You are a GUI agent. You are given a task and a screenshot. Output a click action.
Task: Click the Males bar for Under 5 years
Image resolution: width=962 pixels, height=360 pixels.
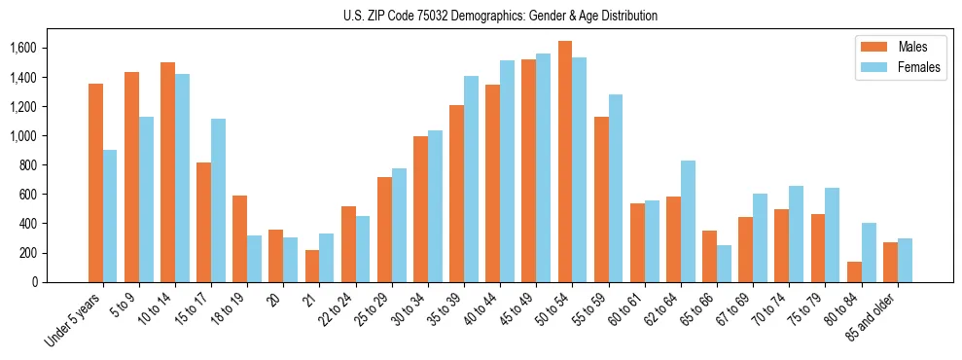pyautogui.click(x=95, y=183)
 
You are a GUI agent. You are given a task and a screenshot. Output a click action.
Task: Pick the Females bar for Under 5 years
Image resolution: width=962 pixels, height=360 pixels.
pyautogui.click(x=110, y=216)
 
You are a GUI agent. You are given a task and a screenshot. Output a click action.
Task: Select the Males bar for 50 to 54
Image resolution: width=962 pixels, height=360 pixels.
pyautogui.click(x=565, y=162)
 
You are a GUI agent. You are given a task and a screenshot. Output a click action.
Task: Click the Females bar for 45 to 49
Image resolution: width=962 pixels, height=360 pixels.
pyautogui.click(x=543, y=167)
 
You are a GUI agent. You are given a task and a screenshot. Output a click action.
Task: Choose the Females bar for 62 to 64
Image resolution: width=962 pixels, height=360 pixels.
pyautogui.click(x=688, y=221)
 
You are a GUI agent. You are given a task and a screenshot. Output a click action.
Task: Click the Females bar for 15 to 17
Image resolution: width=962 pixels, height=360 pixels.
pyautogui.click(x=218, y=200)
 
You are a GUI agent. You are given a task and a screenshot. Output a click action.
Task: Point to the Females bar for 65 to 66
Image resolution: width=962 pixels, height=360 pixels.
pyautogui.click(x=724, y=264)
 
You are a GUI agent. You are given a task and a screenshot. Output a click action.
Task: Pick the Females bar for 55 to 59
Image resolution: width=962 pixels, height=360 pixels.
pyautogui.click(x=616, y=188)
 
